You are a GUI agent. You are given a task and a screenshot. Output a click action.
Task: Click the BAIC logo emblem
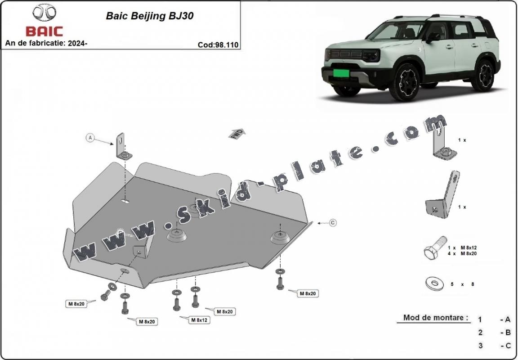click(x=44, y=13)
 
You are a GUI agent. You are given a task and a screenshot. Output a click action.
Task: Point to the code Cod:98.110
click(x=218, y=45)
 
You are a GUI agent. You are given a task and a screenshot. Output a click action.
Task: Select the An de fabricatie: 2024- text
click(x=46, y=43)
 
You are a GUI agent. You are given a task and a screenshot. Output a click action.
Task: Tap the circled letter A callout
click(x=90, y=138)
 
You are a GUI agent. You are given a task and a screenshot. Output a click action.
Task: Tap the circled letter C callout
click(x=333, y=222)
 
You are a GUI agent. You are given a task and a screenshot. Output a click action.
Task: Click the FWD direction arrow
click(x=237, y=133)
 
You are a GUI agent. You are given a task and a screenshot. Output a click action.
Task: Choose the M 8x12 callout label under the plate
click(x=199, y=320)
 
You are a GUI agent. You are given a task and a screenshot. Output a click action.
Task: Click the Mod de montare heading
click(x=435, y=318)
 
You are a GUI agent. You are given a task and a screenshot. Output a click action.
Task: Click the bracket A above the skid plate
click(x=123, y=147)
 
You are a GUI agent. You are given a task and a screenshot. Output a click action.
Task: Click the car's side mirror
click(x=433, y=38)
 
